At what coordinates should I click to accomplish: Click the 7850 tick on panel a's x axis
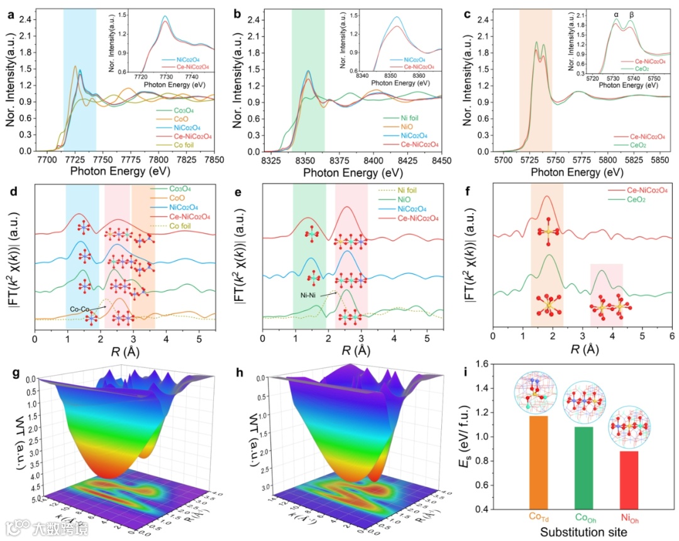[214, 161]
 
